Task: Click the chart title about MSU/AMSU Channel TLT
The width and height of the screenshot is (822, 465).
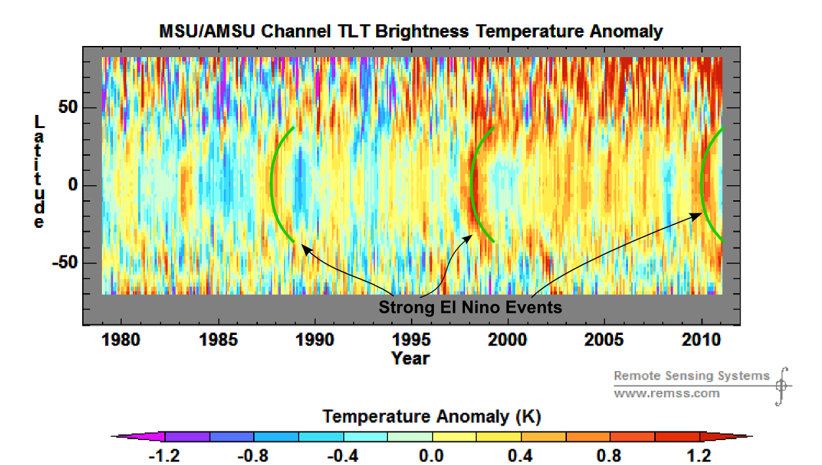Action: coord(411,31)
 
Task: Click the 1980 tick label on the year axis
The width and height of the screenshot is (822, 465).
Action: coord(121,340)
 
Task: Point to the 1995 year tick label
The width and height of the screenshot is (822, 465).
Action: coord(411,340)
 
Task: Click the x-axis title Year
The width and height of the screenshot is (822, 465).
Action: coord(410,358)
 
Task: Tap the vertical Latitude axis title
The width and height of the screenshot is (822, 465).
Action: coord(39,172)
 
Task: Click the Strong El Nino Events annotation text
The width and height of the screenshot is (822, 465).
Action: coord(470,307)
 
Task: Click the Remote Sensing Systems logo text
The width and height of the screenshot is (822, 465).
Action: coord(691,376)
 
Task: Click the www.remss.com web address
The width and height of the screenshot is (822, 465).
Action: coord(666,393)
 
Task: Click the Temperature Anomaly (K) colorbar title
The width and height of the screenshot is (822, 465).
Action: coord(431,416)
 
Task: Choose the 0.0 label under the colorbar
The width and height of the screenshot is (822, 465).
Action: coord(431,455)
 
